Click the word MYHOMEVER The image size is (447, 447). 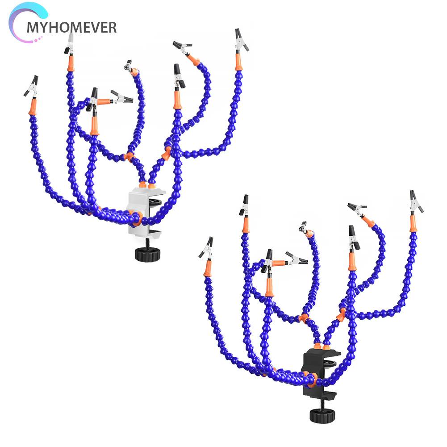pos(71,27)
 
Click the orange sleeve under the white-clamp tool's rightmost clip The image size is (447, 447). pos(239,63)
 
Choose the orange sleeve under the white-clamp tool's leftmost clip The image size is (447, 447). pos(32,108)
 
